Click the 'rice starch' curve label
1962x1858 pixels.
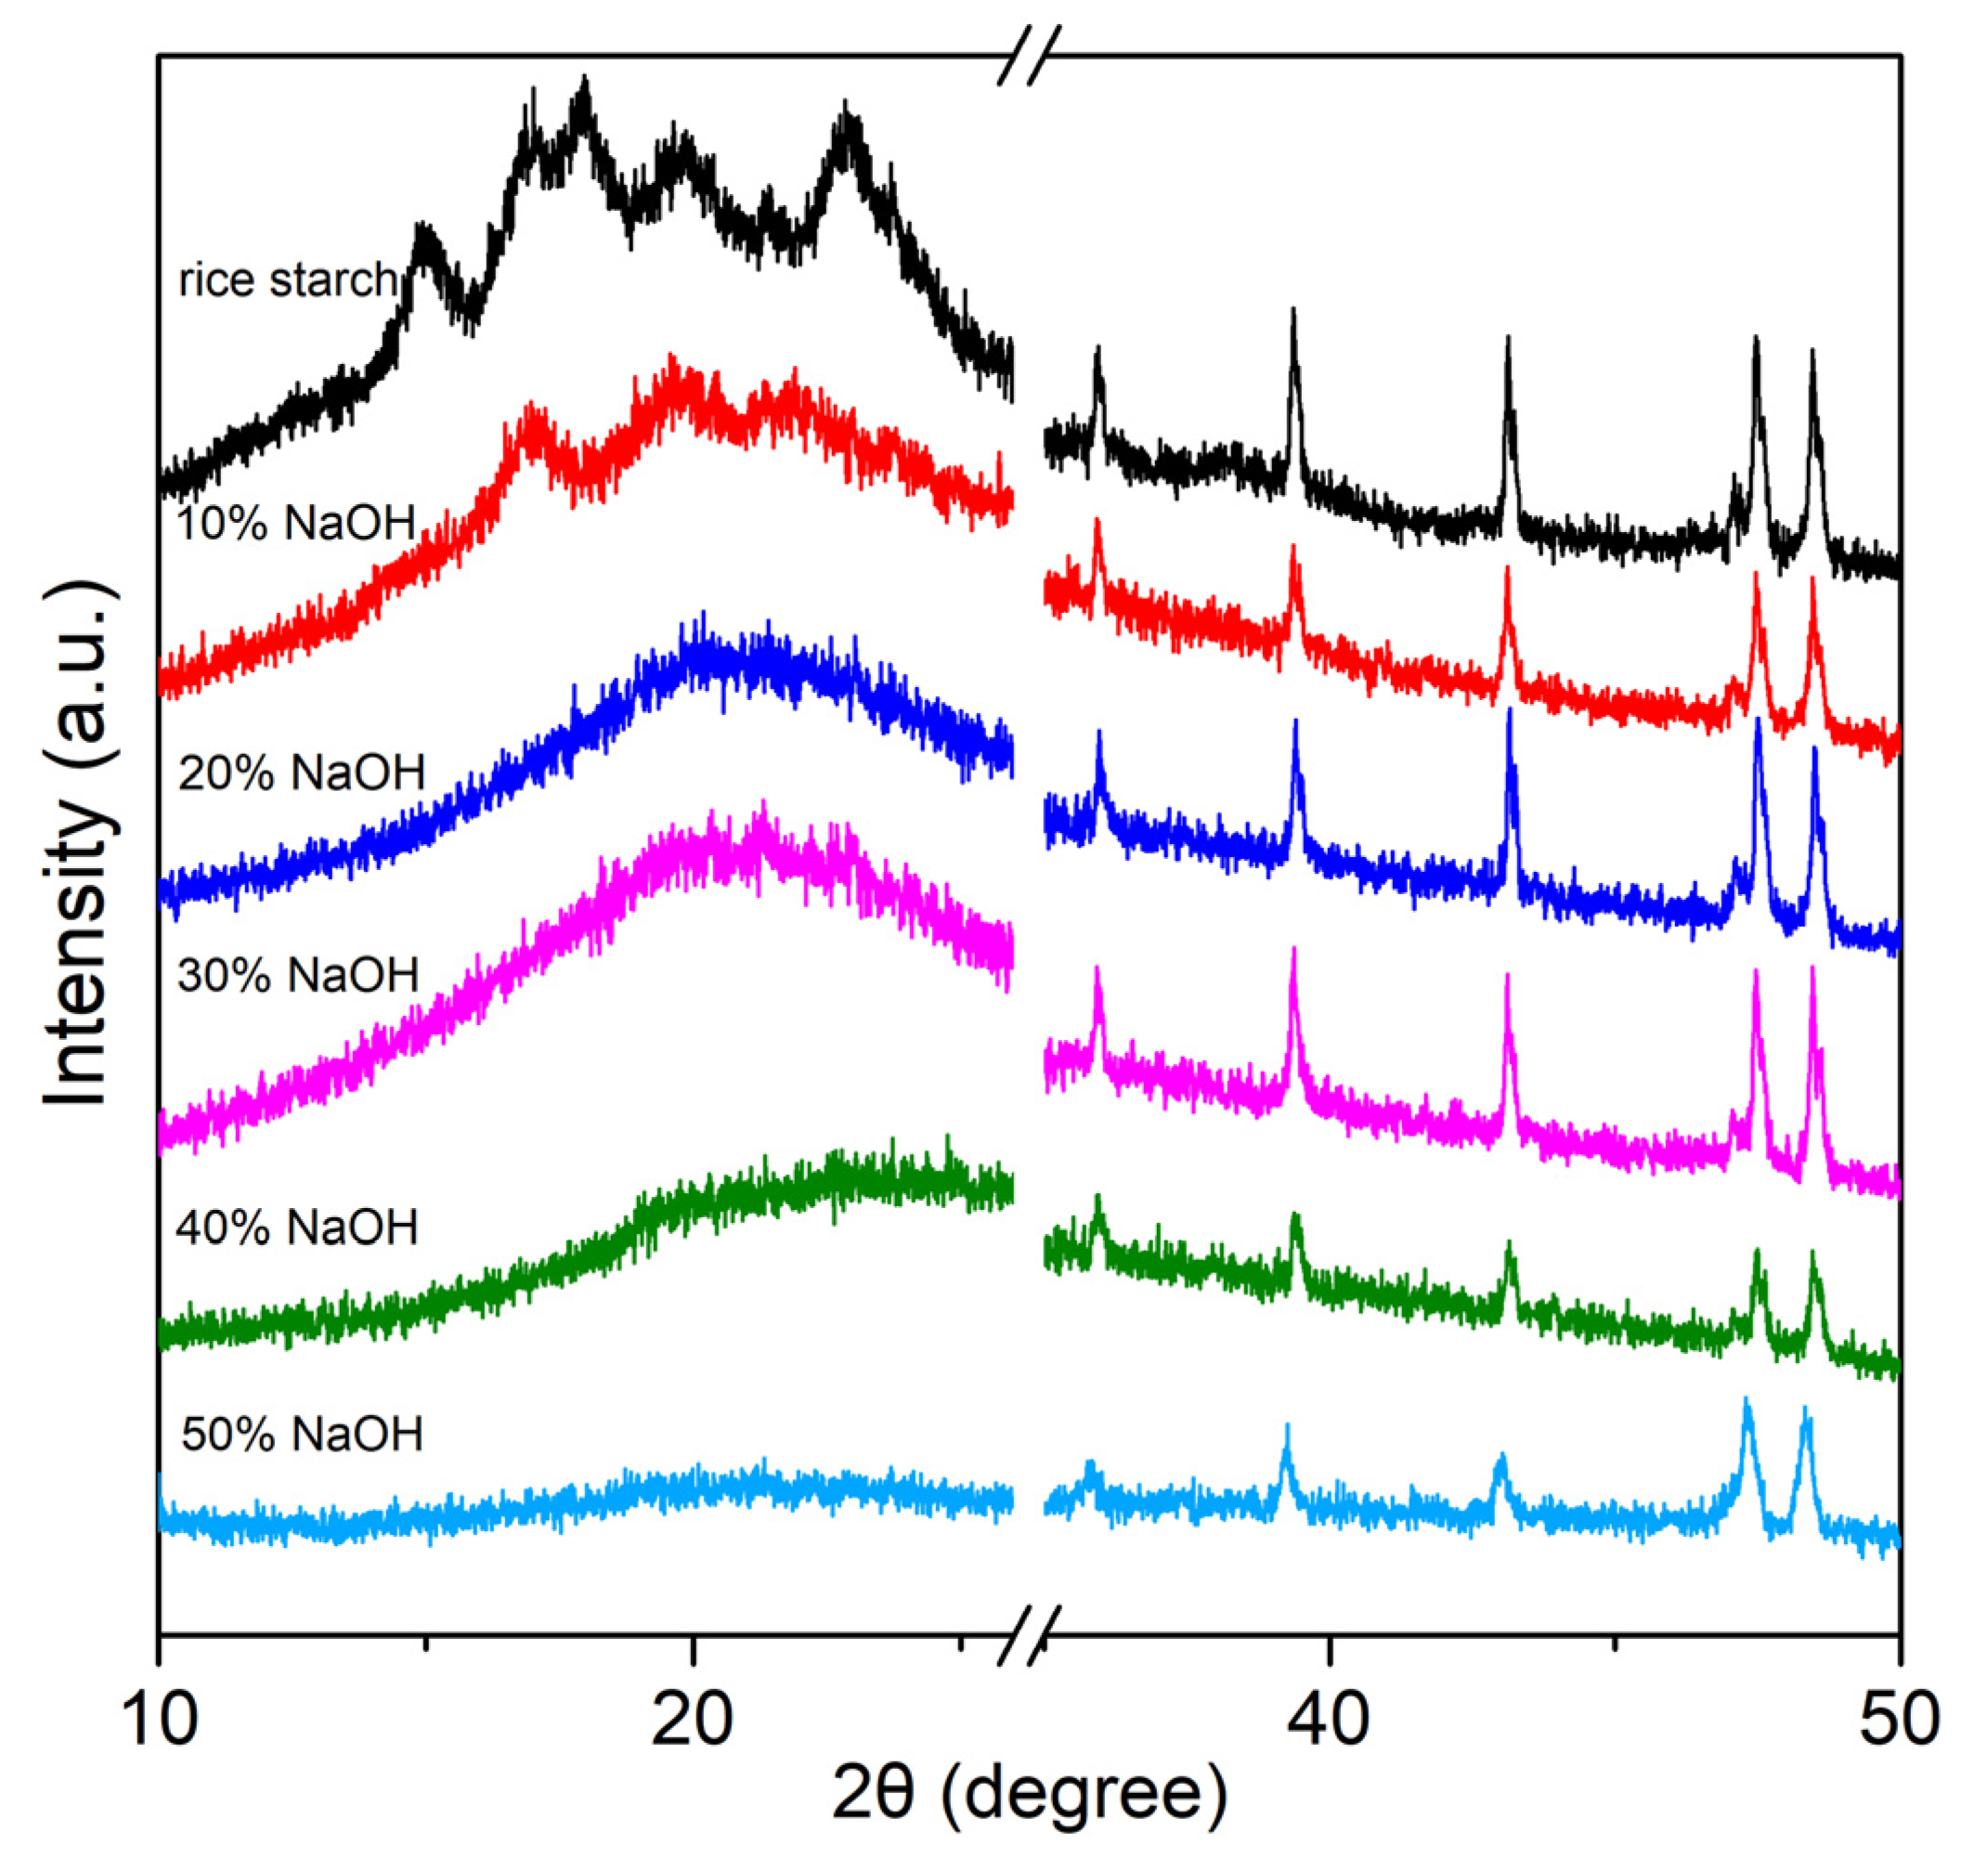287,281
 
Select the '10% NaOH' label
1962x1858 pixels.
295,523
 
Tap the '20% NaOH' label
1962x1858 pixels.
301,773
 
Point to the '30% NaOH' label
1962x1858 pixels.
297,976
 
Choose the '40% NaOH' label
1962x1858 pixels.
297,1228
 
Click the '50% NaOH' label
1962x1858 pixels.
302,1434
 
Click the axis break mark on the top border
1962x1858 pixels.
1029,56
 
